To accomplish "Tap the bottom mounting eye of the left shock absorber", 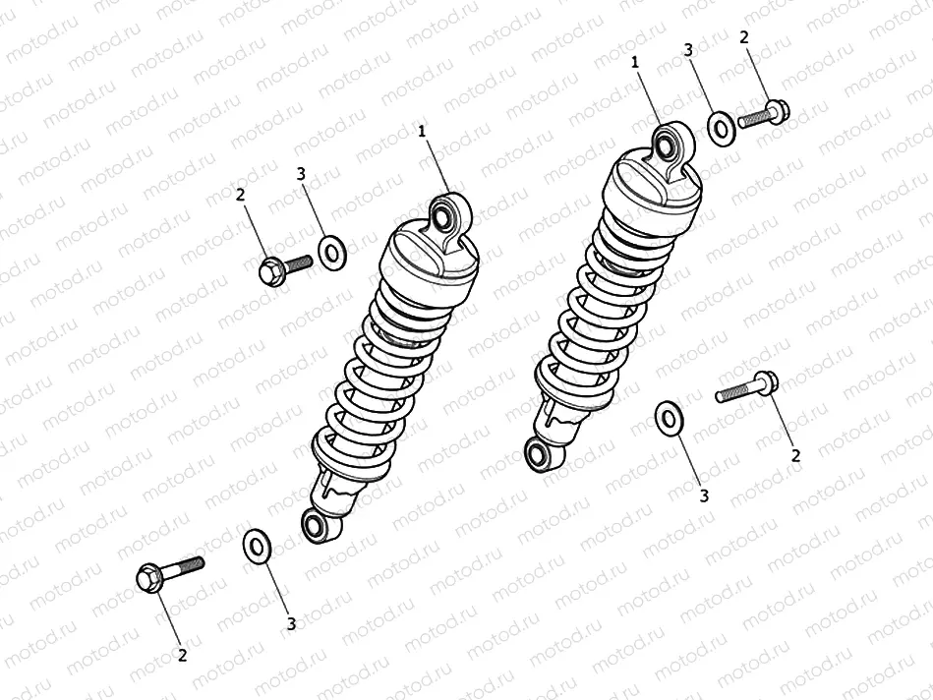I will pos(318,525).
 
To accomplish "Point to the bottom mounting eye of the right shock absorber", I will pos(538,453).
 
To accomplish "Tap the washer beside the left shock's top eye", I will pos(332,253).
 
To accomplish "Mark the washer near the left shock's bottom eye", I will pos(258,545).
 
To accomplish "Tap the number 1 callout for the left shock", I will pos(423,130).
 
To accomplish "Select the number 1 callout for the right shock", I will pos(636,61).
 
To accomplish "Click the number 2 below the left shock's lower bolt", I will pos(182,654).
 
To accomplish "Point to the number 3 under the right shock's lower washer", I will pos(704,496).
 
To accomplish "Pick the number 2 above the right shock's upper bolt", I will pos(743,36).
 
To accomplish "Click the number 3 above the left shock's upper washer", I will pos(302,174).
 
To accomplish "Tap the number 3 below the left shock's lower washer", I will pos(291,622).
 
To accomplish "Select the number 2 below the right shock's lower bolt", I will pos(795,454).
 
